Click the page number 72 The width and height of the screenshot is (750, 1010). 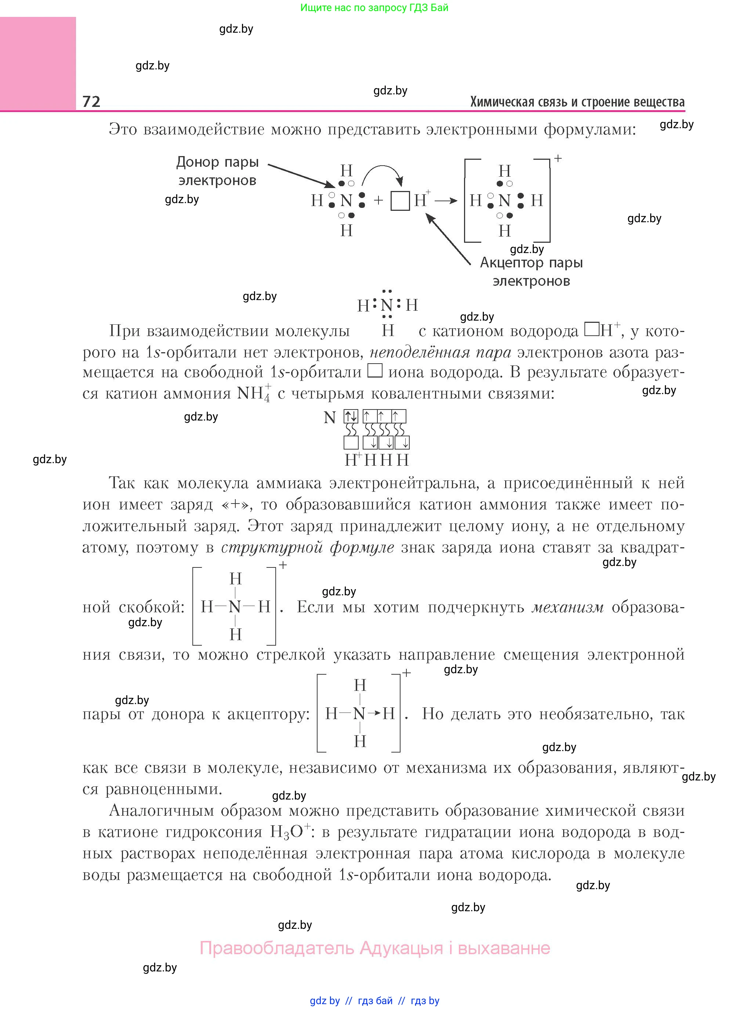[91, 101]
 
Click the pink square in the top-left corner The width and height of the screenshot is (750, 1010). [38, 63]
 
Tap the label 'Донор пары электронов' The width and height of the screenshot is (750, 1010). [217, 171]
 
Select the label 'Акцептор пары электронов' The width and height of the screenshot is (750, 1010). [531, 271]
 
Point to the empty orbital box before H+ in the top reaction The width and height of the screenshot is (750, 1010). [400, 201]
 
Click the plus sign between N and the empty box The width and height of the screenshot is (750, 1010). [378, 200]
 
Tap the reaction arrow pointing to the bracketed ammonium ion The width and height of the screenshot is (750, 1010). [446, 200]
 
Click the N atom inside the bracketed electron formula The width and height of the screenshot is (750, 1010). [504, 200]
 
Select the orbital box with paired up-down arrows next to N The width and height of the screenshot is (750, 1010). [351, 416]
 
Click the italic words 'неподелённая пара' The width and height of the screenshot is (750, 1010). [441, 352]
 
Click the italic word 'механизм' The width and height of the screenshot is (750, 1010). [568, 607]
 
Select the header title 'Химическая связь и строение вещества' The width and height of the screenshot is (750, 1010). [577, 102]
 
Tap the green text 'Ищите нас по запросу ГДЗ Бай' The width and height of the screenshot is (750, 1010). [374, 8]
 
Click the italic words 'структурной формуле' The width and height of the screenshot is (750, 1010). [307, 547]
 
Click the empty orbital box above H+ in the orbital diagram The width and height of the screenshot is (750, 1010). [351, 442]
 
